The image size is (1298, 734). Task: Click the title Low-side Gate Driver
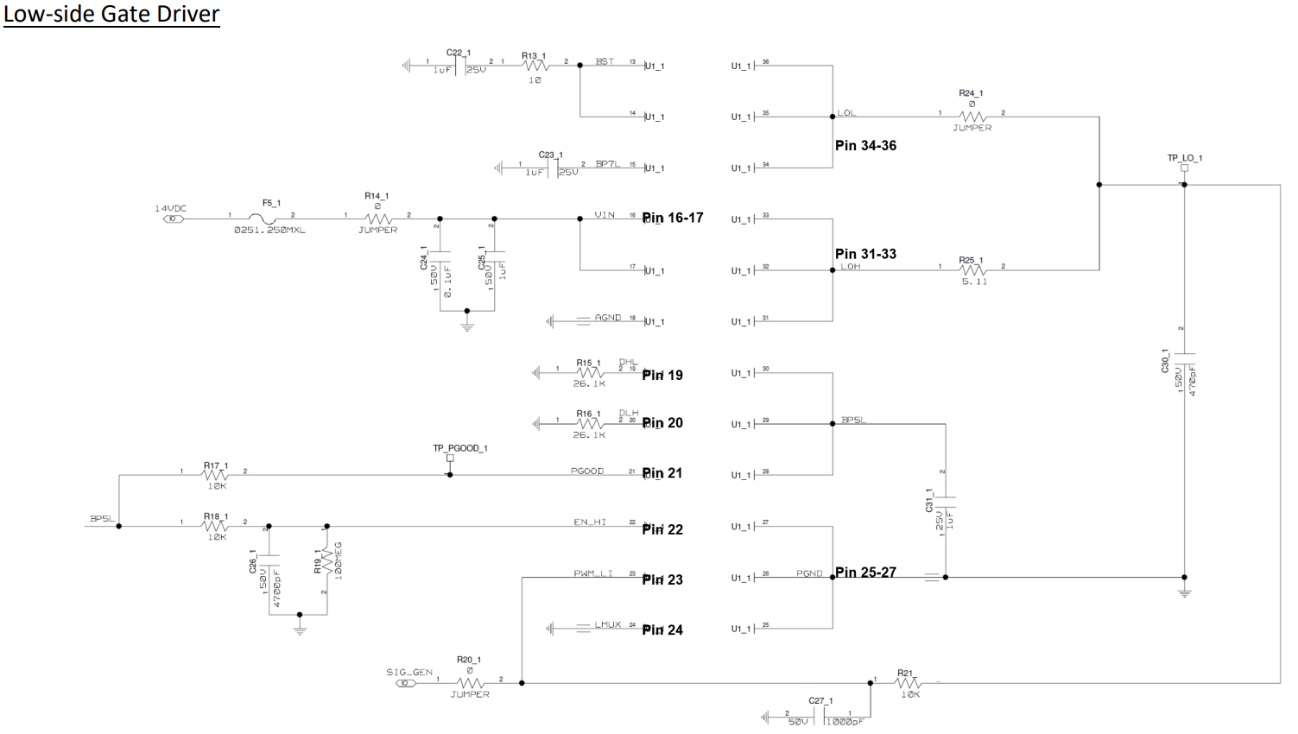point(111,15)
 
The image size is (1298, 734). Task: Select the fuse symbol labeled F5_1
point(268,218)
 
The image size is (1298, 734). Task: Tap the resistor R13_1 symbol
point(535,66)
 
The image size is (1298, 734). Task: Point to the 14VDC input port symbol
point(173,219)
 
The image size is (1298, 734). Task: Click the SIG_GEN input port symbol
point(405,683)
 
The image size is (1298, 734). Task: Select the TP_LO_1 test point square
point(1184,168)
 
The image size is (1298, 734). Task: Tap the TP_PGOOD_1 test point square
point(450,459)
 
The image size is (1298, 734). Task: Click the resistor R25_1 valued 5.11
point(972,270)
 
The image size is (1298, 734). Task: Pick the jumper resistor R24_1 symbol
point(972,117)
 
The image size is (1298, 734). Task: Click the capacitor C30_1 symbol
point(1184,353)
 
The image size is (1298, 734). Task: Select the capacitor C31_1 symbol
point(946,500)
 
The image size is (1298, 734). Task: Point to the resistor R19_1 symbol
point(327,561)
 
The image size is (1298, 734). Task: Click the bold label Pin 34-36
point(865,146)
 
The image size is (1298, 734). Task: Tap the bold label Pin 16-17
point(673,218)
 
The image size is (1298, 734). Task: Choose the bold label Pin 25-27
point(865,573)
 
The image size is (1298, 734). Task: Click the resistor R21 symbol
point(907,683)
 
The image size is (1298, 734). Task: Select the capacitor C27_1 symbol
point(820,717)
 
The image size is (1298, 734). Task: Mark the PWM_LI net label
point(593,573)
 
